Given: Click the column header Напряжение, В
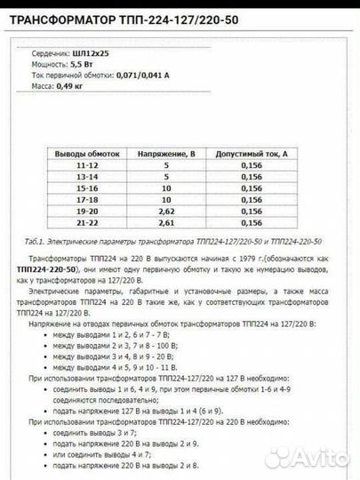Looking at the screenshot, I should (165, 154).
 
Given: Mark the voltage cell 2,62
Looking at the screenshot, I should (165, 212).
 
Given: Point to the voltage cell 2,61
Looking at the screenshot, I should (165, 223).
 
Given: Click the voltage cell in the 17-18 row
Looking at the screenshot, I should (165, 200).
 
